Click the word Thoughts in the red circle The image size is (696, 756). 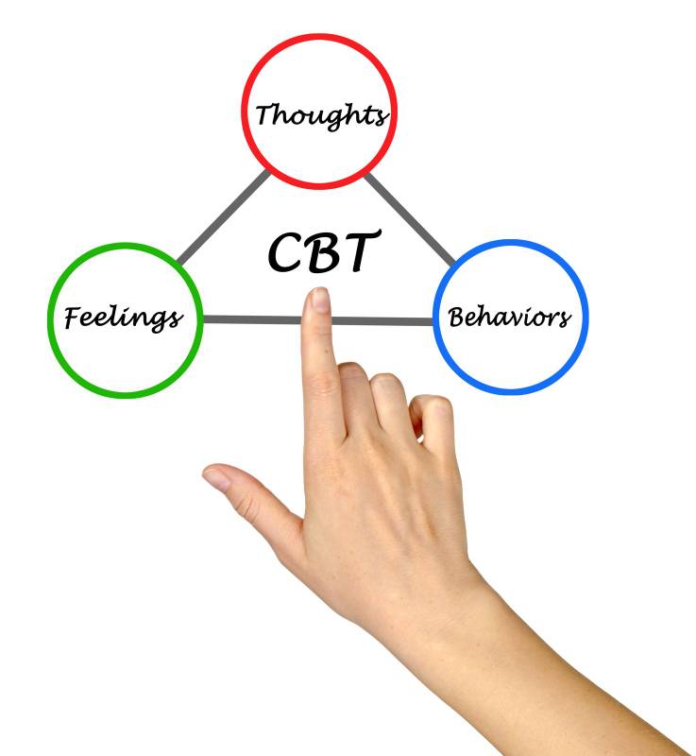click(x=320, y=114)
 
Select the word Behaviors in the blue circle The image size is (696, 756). click(x=509, y=316)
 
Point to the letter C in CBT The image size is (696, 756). click(x=286, y=251)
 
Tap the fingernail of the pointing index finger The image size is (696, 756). click(x=320, y=301)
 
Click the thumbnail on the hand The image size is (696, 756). click(x=217, y=478)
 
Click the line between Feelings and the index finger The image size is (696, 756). click(x=250, y=319)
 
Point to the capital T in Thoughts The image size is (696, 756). click(x=265, y=114)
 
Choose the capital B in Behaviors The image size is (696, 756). click(x=458, y=316)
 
